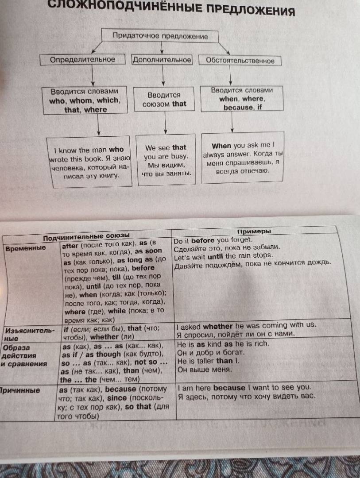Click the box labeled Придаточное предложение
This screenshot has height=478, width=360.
click(x=160, y=36)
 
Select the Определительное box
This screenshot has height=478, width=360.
click(x=82, y=59)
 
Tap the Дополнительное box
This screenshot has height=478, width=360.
click(x=162, y=60)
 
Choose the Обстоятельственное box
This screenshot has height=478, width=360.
click(x=240, y=60)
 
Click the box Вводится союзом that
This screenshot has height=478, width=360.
click(x=164, y=100)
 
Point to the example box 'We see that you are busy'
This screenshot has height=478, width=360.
click(x=166, y=160)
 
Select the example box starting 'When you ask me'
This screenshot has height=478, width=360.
click(x=243, y=158)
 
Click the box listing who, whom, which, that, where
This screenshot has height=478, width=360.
click(x=85, y=100)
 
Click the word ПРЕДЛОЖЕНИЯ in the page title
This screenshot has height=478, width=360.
click(x=251, y=10)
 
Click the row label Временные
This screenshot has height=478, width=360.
click(x=26, y=248)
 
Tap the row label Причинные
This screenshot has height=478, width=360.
click(x=20, y=390)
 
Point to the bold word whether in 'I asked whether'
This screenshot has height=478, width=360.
click(x=218, y=326)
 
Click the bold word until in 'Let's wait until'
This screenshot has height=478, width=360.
click(x=215, y=257)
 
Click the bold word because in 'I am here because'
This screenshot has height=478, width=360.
click(x=229, y=388)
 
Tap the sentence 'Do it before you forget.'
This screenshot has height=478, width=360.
click(x=213, y=240)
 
